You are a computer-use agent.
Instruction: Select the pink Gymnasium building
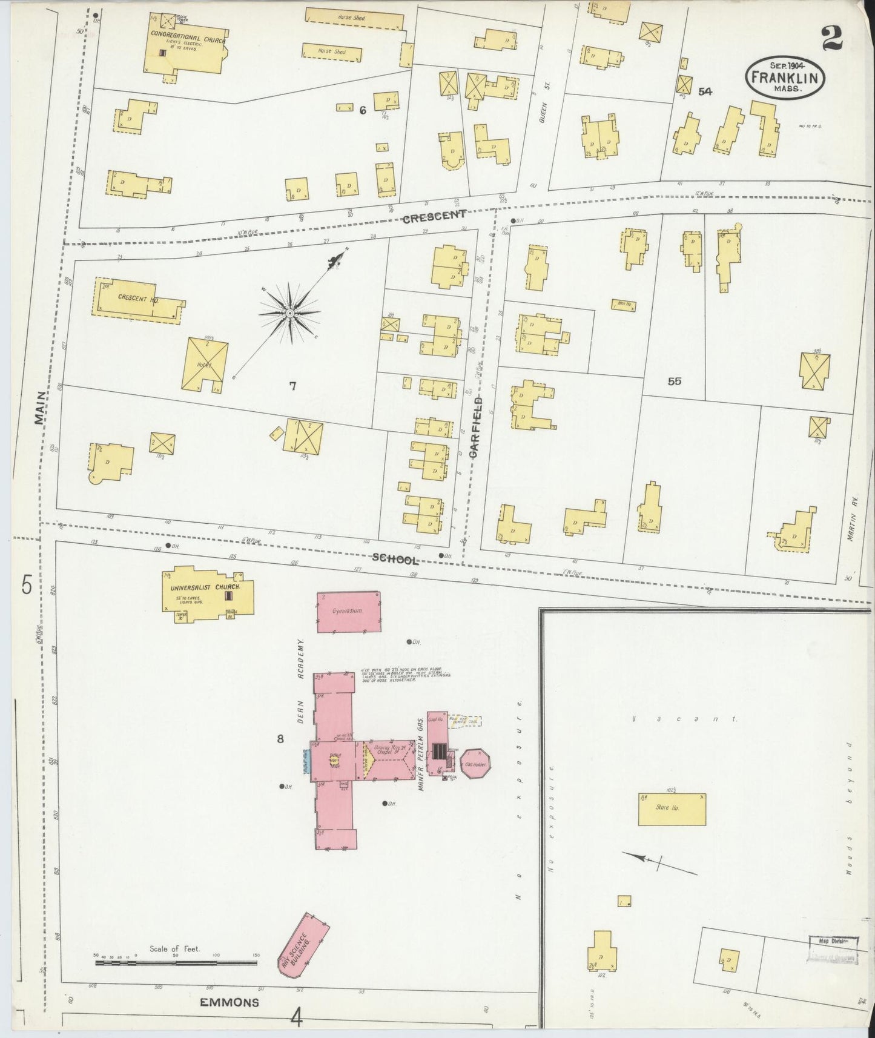coord(349,612)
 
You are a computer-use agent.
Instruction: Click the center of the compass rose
coord(290,313)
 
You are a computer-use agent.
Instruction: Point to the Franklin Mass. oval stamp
coord(785,77)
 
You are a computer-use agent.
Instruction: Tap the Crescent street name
coord(434,216)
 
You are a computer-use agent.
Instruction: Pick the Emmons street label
coord(229,1002)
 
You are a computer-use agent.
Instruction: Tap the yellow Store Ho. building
coord(672,809)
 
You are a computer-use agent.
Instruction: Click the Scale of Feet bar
coord(176,962)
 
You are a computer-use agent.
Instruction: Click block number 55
coord(674,381)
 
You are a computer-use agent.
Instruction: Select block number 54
coord(704,91)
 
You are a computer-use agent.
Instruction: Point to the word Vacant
coord(684,719)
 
